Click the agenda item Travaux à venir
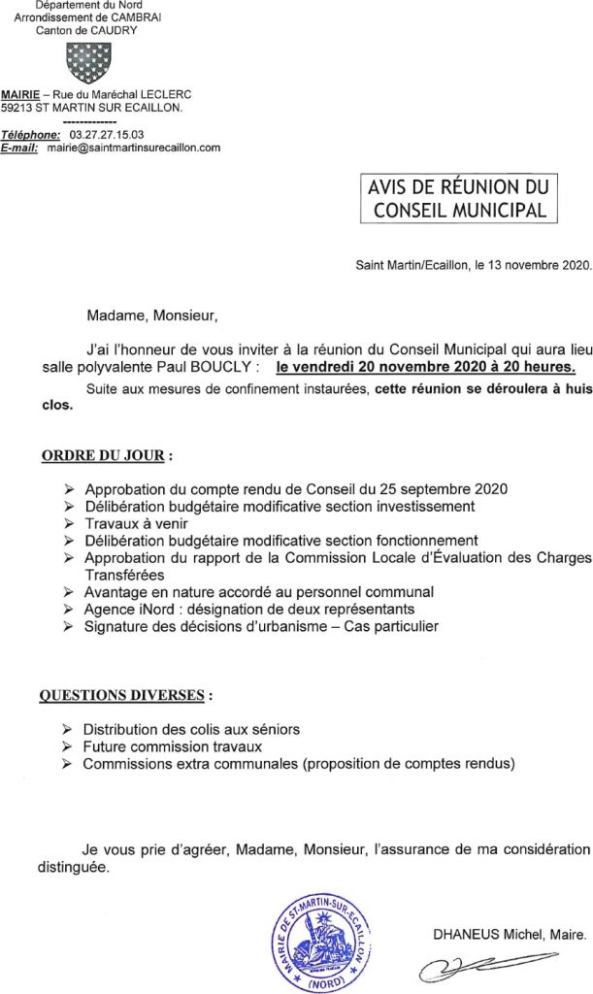[x=131, y=523]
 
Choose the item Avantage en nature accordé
[x=258, y=591]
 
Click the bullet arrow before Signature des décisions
[x=67, y=626]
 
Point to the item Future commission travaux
[x=172, y=746]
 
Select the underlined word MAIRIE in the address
[x=19, y=94]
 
